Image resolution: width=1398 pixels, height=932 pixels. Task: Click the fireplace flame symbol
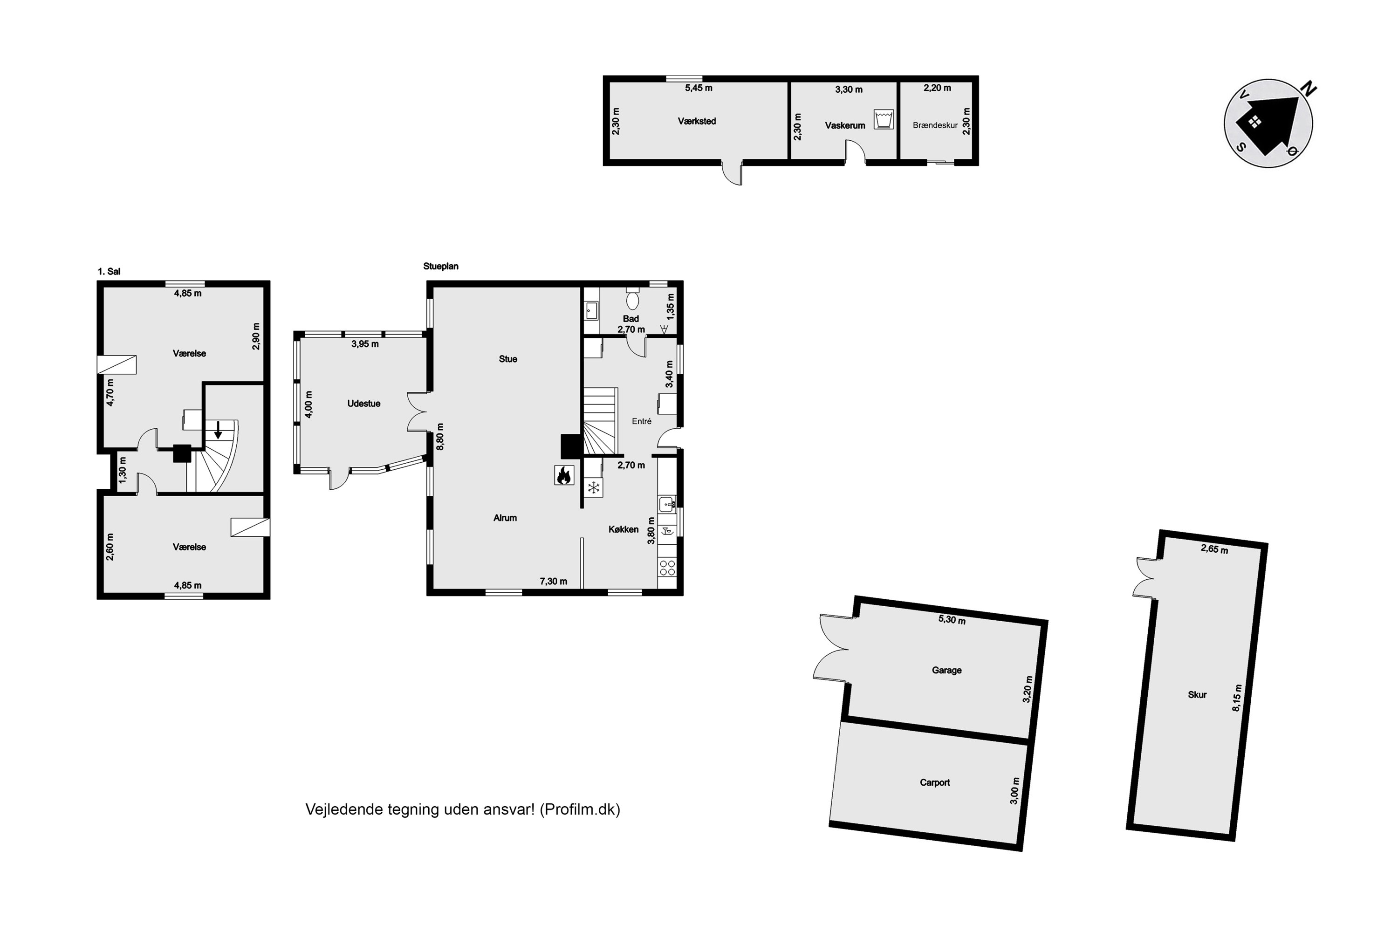coord(564,475)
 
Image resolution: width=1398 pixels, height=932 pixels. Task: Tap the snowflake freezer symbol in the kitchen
coord(593,488)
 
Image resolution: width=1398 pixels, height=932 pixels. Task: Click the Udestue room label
coord(364,404)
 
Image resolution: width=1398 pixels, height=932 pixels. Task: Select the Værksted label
coord(697,121)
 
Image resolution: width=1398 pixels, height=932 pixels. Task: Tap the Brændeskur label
coord(935,125)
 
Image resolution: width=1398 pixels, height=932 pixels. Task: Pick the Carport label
coord(934,783)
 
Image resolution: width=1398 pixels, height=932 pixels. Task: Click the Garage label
coord(946,671)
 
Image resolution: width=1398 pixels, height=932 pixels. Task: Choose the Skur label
coord(1197,695)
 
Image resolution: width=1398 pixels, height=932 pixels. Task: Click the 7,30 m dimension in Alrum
coord(554,581)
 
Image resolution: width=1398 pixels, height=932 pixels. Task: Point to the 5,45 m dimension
coord(699,88)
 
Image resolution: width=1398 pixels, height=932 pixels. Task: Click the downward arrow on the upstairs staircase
coord(218,430)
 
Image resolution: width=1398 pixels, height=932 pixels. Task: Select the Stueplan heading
coord(440,266)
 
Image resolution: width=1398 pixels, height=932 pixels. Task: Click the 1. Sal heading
coord(109,272)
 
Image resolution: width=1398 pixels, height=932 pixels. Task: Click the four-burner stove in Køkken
coord(667,568)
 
